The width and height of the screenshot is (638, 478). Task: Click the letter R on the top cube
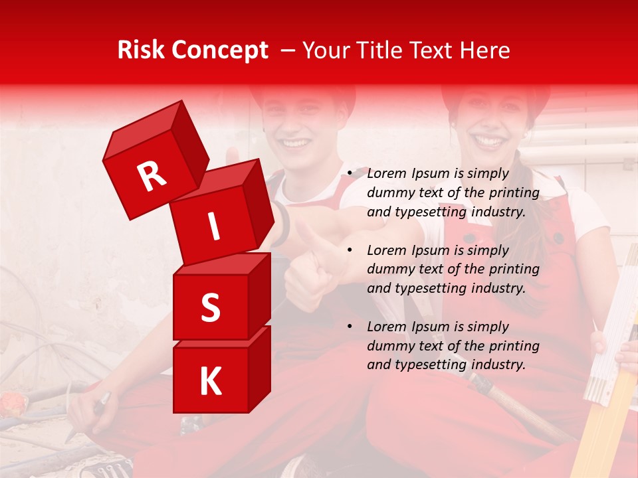coord(152,176)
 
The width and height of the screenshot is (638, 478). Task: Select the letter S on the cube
coord(210,307)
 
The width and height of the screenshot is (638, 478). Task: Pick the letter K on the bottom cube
coord(210,382)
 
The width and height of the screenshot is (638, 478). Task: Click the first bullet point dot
coord(349,174)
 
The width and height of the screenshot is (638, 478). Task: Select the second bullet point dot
coord(349,250)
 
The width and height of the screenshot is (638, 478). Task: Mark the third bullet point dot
coord(349,327)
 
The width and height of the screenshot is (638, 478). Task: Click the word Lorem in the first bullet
coord(387,173)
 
